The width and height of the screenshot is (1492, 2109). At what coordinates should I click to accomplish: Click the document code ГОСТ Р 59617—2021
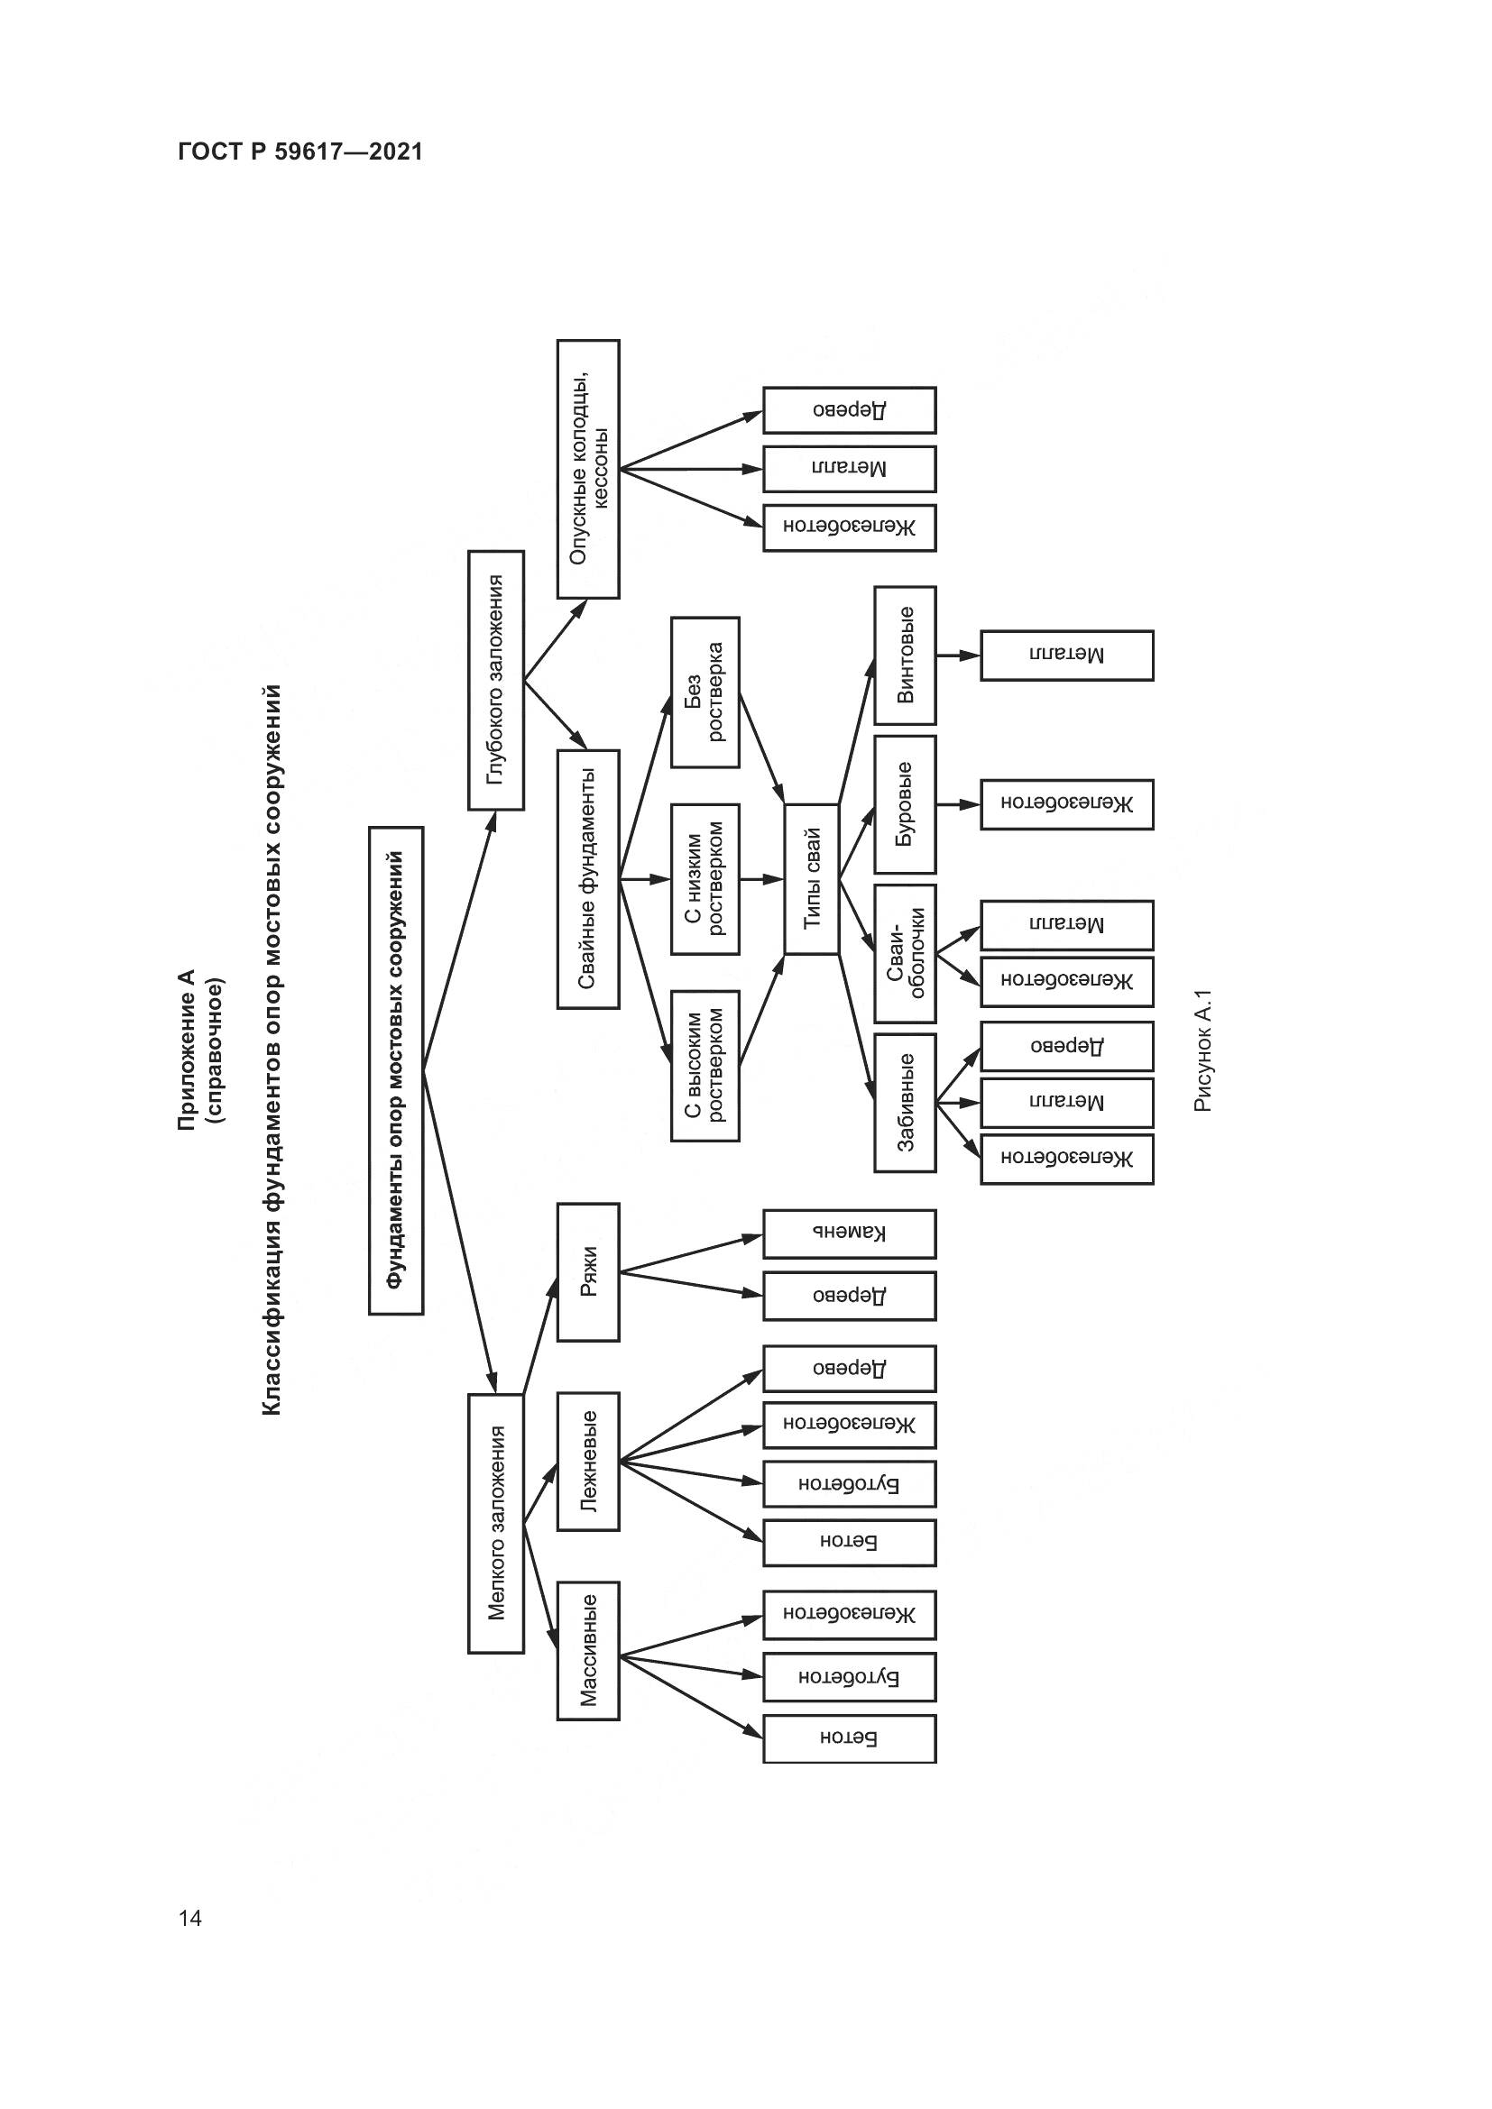(299, 152)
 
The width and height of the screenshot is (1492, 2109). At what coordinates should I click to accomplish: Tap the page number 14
(190, 1917)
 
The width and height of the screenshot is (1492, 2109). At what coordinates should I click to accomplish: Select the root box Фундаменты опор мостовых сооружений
(396, 1070)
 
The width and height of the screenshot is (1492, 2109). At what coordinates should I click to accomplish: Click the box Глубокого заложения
(496, 680)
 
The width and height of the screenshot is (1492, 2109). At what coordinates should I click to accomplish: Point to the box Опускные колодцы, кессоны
(588, 469)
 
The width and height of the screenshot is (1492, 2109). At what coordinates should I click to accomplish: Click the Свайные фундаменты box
(588, 879)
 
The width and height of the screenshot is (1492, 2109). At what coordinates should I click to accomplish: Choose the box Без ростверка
(705, 692)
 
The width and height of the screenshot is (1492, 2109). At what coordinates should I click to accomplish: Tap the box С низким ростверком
(705, 879)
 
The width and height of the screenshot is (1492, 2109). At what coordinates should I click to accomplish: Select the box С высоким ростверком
(705, 1066)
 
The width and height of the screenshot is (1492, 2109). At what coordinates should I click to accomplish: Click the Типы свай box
(811, 879)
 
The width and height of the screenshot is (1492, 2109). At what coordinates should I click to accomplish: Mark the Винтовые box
(905, 655)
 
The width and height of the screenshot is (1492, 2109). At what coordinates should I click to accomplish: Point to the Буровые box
(905, 803)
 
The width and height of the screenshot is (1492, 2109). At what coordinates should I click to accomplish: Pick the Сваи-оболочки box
(905, 953)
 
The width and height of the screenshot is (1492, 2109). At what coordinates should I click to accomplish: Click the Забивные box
(905, 1102)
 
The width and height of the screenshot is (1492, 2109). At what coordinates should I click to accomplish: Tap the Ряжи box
(588, 1271)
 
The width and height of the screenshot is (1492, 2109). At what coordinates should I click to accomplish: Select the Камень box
(849, 1233)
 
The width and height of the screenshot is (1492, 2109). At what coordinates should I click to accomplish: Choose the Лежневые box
(588, 1461)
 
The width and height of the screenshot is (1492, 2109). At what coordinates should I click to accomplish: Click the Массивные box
(588, 1650)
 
